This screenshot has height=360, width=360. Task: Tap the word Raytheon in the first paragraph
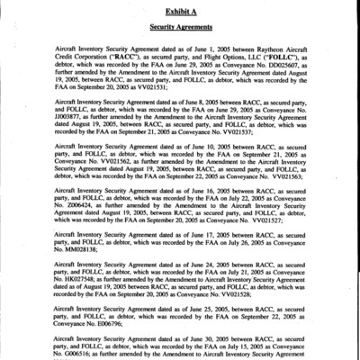[267, 45]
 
